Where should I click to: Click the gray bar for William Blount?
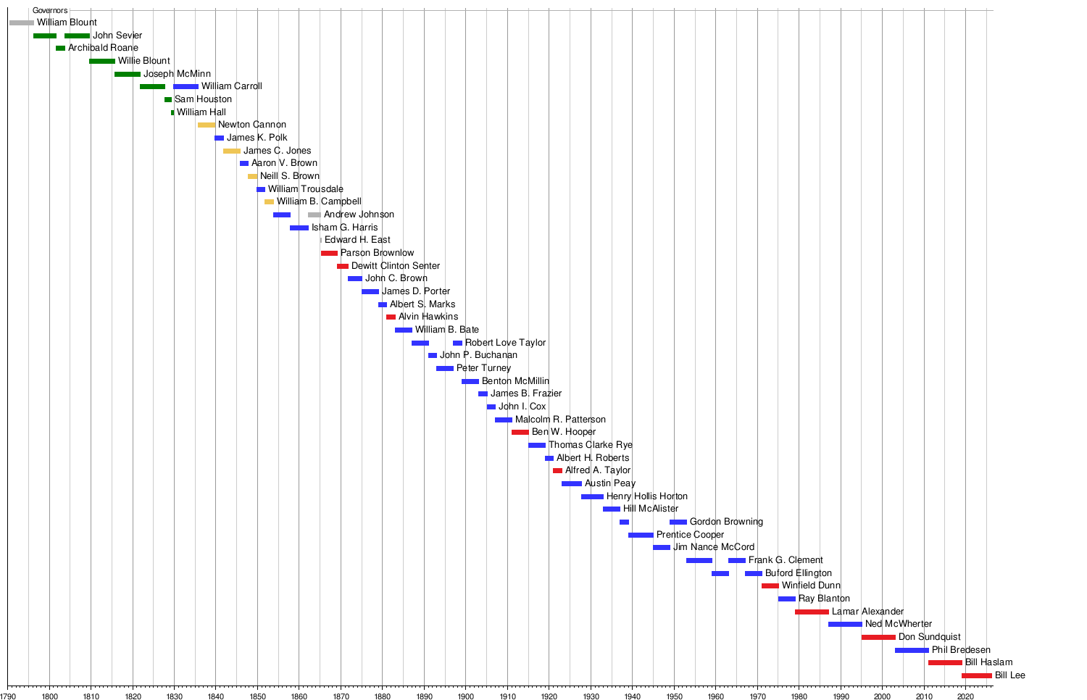pyautogui.click(x=21, y=22)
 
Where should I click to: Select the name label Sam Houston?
pyautogui.click(x=203, y=99)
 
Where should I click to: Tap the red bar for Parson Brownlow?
pyautogui.click(x=329, y=253)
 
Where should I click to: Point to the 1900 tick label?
pyautogui.click(x=465, y=696)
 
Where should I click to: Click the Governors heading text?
pyautogui.click(x=50, y=11)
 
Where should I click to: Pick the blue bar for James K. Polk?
pyautogui.click(x=219, y=138)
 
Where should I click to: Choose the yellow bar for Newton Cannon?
pyautogui.click(x=207, y=125)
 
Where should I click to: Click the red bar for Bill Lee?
pyautogui.click(x=976, y=675)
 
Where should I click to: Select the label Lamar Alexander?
pyautogui.click(x=867, y=612)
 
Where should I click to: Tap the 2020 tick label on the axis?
pyautogui.click(x=965, y=696)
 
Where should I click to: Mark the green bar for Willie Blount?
pyautogui.click(x=102, y=61)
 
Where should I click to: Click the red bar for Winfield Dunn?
pyautogui.click(x=770, y=586)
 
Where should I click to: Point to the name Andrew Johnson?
pyautogui.click(x=359, y=214)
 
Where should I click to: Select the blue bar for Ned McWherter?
pyautogui.click(x=845, y=624)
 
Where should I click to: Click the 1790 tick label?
pyautogui.click(x=8, y=696)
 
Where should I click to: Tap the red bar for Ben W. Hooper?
pyautogui.click(x=520, y=432)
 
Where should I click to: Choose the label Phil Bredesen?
pyautogui.click(x=961, y=650)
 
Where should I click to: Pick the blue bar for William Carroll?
pyautogui.click(x=186, y=86)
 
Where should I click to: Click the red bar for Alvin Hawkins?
pyautogui.click(x=391, y=317)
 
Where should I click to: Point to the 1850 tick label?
pyautogui.click(x=257, y=696)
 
